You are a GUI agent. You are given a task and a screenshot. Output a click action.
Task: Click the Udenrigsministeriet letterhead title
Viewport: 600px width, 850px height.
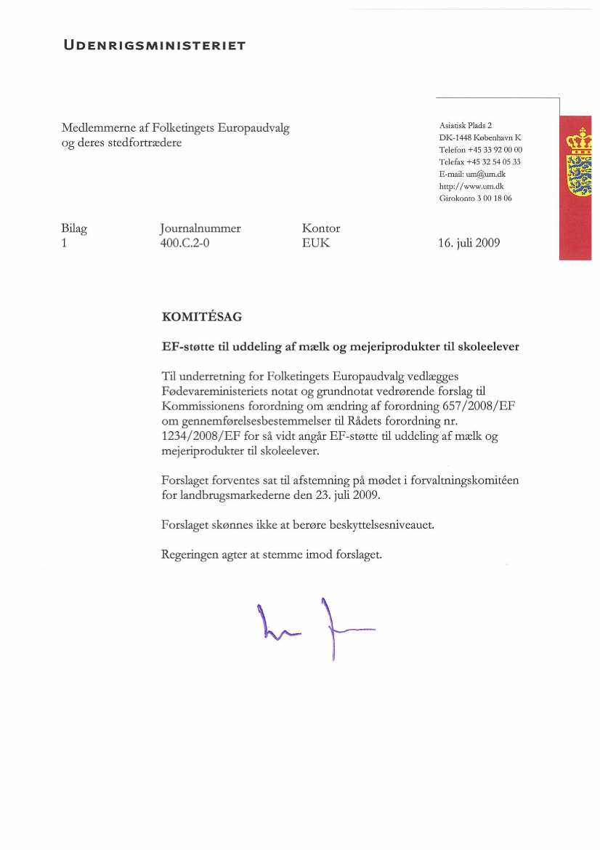155,46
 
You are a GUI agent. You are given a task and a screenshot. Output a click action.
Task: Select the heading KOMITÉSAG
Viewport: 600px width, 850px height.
202,317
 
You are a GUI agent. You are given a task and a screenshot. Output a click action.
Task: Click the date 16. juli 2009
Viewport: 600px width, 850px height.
469,243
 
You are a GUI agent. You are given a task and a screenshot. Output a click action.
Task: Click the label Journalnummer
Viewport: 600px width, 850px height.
200,228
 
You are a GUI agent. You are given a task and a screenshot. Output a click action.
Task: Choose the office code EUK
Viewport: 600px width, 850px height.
315,243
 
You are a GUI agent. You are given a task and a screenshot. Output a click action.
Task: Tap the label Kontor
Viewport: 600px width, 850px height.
320,228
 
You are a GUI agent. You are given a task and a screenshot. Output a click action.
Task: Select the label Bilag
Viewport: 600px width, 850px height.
74,228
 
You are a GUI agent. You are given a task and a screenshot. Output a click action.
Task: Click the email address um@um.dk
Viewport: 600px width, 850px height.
485,175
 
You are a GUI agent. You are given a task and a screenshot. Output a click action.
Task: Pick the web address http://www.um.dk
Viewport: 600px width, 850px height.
471,186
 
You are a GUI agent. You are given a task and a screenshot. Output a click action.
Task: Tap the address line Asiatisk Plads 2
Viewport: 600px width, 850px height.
466,125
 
